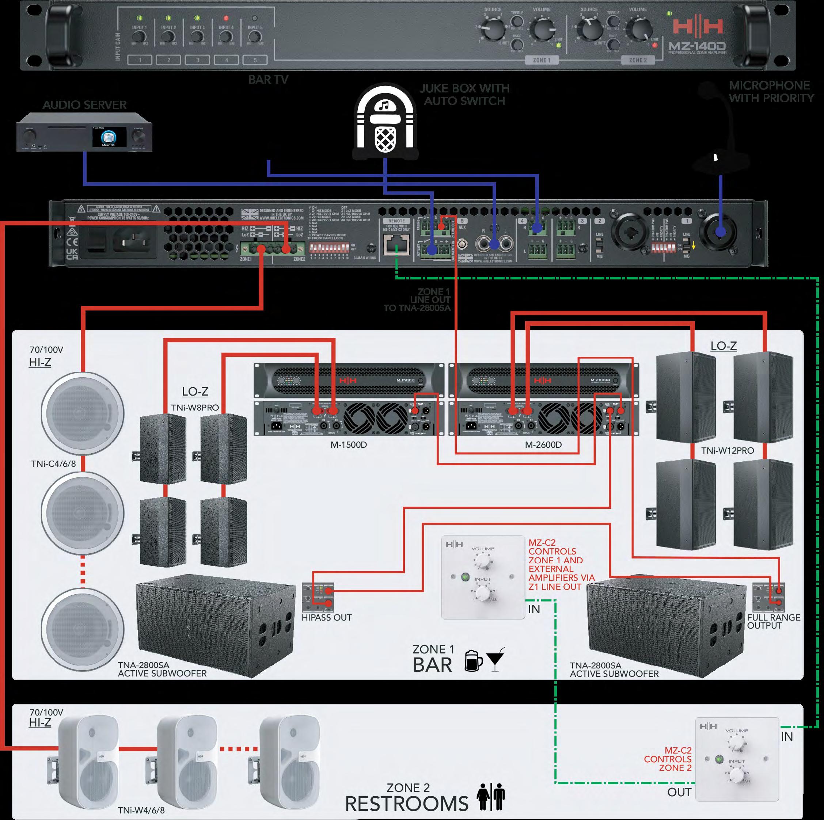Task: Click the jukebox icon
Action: (x=385, y=122)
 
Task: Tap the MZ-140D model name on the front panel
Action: (x=698, y=45)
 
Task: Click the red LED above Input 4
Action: (x=225, y=18)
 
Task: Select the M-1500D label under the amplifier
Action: (x=349, y=445)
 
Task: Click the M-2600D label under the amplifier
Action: (x=543, y=445)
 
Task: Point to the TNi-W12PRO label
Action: (x=727, y=450)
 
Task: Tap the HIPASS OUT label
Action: (x=326, y=617)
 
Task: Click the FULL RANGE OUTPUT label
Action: (x=773, y=621)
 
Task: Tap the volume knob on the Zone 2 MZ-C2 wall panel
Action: (x=737, y=745)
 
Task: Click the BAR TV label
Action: (x=268, y=80)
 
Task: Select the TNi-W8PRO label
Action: (x=195, y=408)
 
